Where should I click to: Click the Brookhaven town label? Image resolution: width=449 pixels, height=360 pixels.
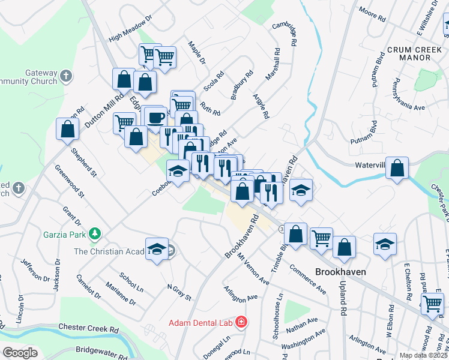tap(340, 271)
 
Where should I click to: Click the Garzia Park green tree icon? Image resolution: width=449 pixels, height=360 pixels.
tap(94, 233)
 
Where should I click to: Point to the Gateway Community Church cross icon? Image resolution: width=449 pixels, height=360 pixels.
tap(65, 76)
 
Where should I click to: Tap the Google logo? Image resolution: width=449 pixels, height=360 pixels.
tap(20, 353)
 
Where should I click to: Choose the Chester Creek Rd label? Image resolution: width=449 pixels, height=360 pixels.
tap(88, 329)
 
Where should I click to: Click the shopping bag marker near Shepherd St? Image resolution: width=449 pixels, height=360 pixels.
tap(68, 128)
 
